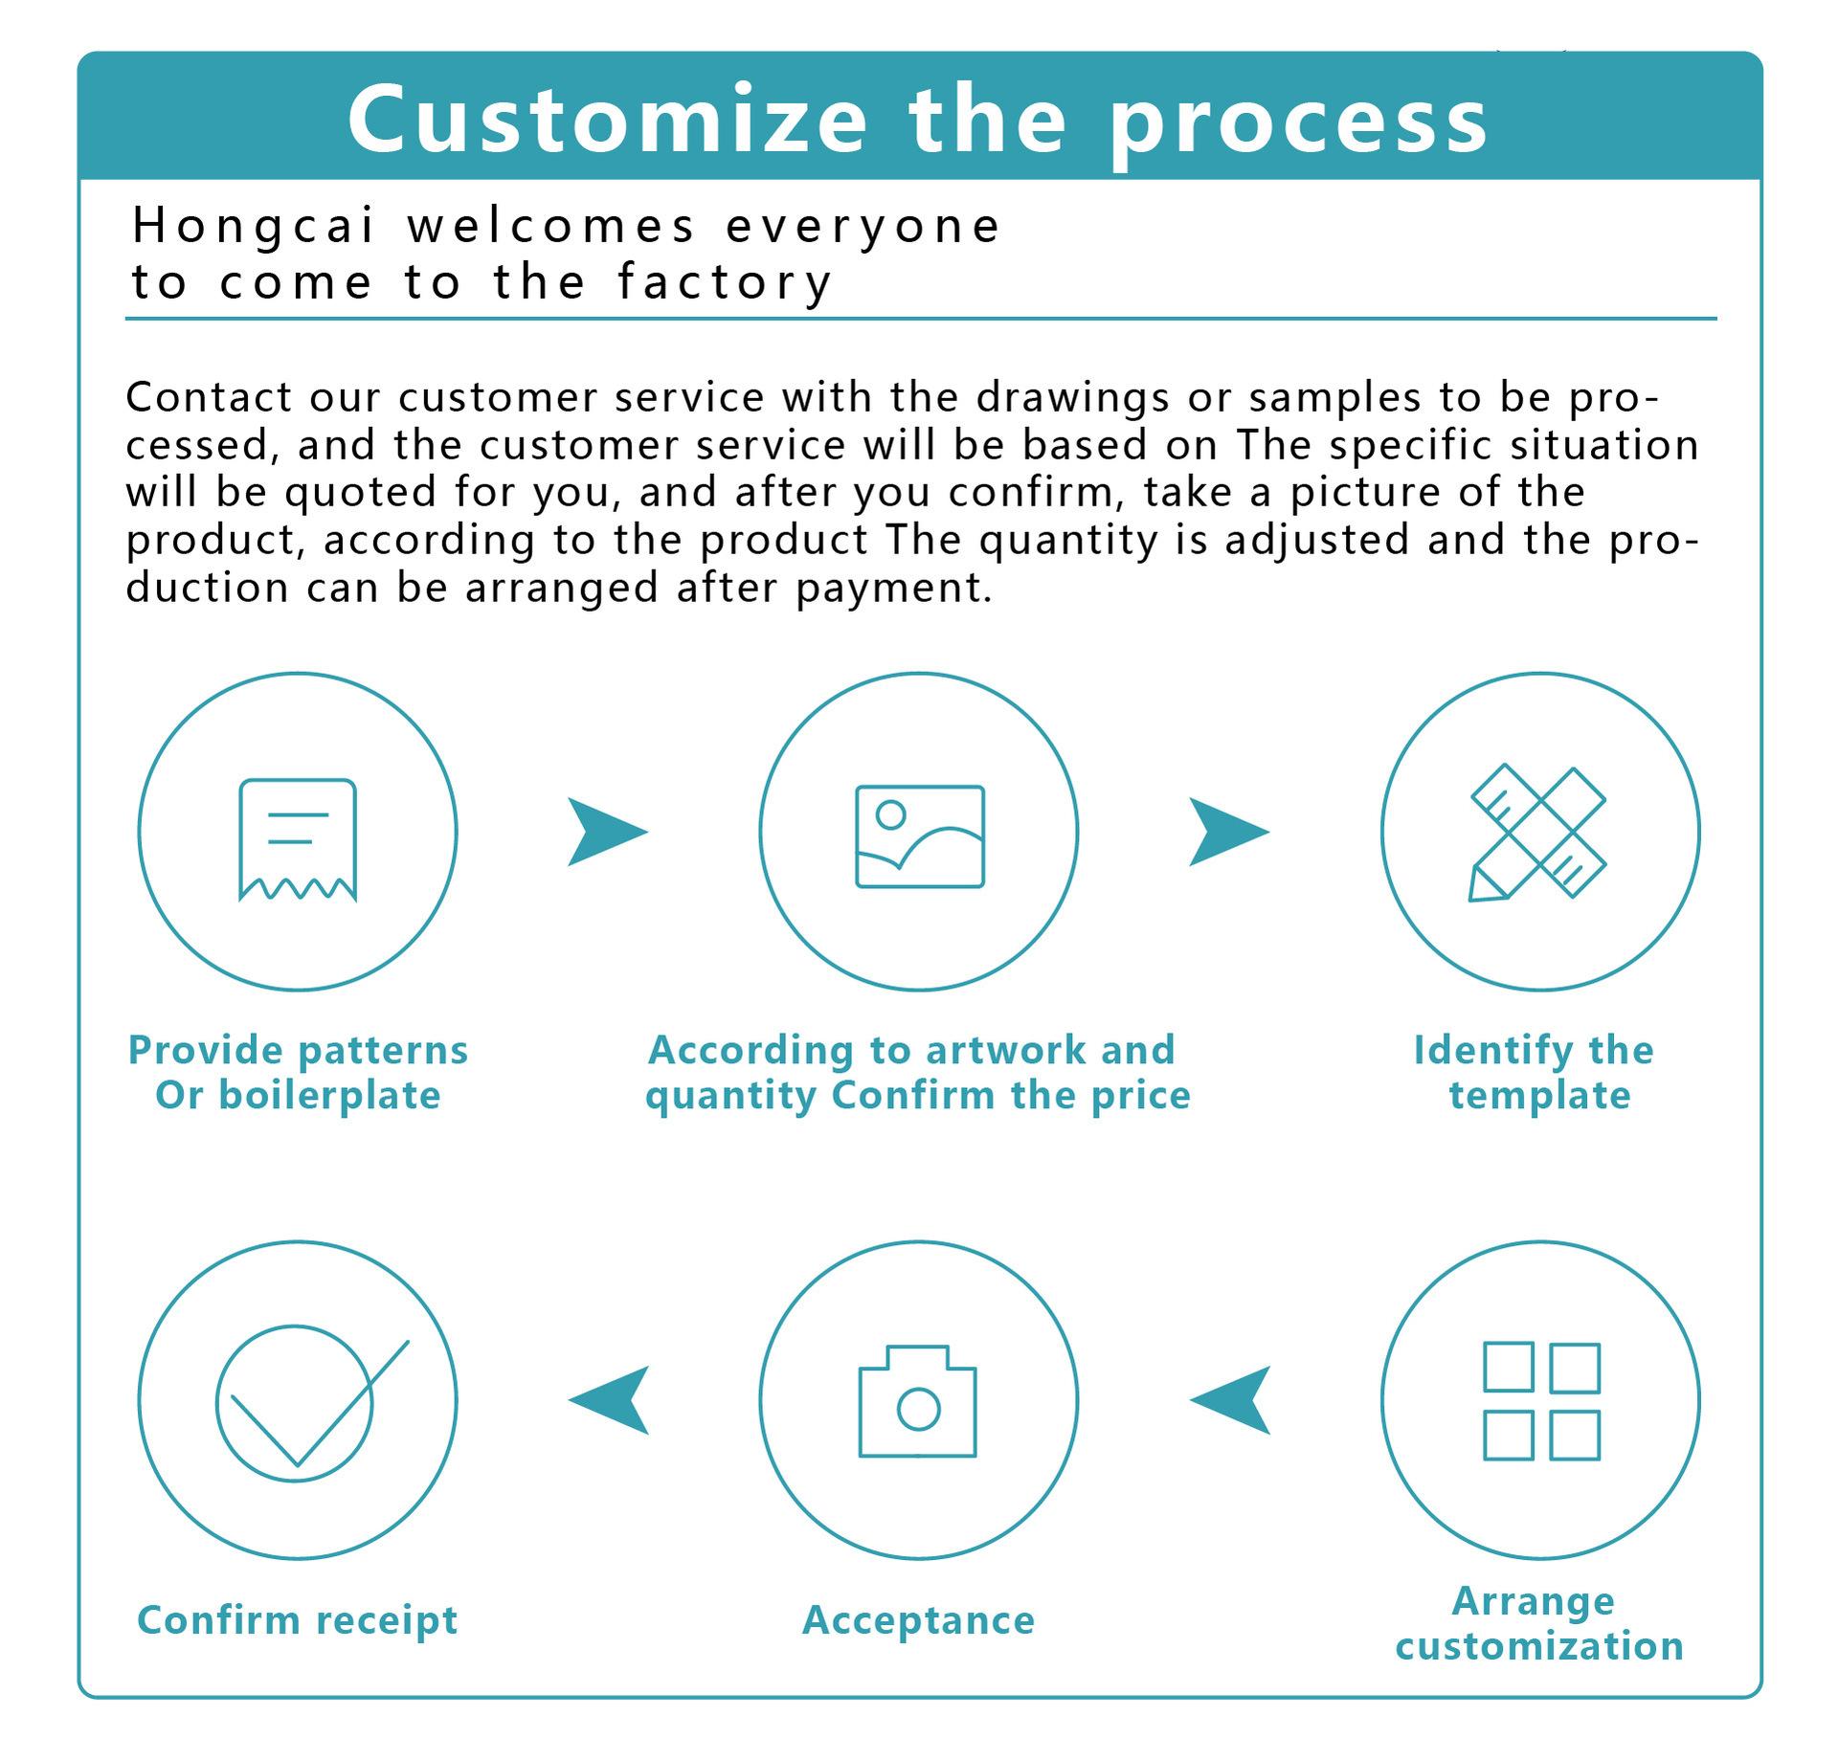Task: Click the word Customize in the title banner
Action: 607,120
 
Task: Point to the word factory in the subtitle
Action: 725,282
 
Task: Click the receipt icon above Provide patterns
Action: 298,839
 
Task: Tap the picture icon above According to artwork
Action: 919,835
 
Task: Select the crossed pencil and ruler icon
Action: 1537,832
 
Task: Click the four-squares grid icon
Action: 1540,1401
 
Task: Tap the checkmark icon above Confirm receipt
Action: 298,1402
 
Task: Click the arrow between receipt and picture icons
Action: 605,831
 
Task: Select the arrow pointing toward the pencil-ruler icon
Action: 1227,831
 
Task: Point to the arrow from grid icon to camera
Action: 1233,1400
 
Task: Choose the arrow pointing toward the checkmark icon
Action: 611,1400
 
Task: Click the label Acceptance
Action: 918,1620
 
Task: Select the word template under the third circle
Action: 1539,1095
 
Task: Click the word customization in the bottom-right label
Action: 1539,1646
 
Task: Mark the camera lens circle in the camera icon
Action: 918,1409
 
